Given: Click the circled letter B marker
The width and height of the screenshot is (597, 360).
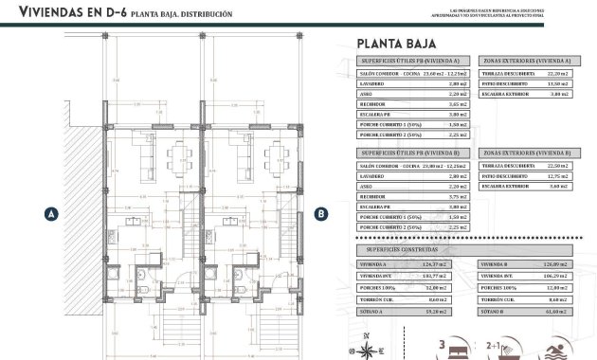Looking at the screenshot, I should point(321,214).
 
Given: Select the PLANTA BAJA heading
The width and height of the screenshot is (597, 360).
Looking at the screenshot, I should point(389,43).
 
